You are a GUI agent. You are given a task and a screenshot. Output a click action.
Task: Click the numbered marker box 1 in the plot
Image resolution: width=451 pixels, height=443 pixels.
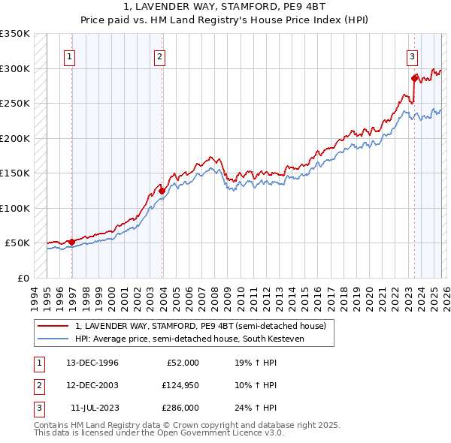(x=69, y=55)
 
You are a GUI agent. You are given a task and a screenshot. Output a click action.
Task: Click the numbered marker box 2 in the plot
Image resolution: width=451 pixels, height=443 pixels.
(x=160, y=55)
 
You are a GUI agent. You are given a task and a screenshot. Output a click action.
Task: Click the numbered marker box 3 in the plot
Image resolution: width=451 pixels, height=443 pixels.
(x=413, y=55)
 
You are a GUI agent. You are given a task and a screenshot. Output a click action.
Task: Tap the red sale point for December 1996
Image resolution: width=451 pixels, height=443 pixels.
(x=72, y=242)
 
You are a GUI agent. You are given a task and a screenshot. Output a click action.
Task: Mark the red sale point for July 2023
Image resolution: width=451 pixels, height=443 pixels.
(x=414, y=78)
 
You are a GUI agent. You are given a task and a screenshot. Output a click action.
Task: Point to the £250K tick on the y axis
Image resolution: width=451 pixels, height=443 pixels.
(x=14, y=104)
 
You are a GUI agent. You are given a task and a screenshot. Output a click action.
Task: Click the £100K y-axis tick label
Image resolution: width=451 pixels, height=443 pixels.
(x=14, y=208)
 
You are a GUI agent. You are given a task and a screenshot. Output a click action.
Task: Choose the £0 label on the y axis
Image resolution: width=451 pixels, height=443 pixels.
(x=20, y=278)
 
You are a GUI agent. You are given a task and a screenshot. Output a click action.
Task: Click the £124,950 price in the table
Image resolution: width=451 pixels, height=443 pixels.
(x=180, y=385)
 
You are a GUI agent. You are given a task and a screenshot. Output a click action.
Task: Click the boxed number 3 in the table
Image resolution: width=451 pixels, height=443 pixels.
(x=39, y=408)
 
